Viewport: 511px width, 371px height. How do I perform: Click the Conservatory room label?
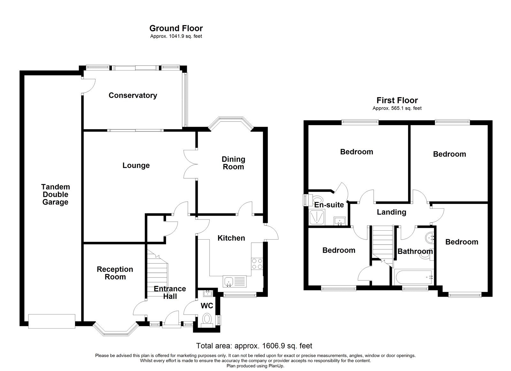pyautogui.click(x=133, y=95)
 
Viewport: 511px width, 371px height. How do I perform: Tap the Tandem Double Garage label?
pyautogui.click(x=55, y=194)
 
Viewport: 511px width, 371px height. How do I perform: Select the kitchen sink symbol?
pyautogui.click(x=228, y=281)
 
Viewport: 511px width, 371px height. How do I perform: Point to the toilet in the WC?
pyautogui.click(x=207, y=319)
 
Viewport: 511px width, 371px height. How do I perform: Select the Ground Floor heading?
pyautogui.click(x=176, y=28)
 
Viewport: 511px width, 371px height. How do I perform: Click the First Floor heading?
pyautogui.click(x=397, y=100)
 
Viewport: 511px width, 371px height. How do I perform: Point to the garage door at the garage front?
pyautogui.click(x=52, y=321)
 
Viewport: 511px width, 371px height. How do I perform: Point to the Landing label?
pyautogui.click(x=391, y=212)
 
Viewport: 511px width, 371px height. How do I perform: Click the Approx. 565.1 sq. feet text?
pyautogui.click(x=397, y=108)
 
